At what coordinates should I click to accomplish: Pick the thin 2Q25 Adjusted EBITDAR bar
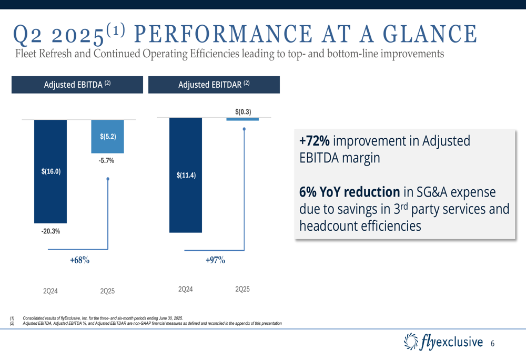click(x=242, y=119)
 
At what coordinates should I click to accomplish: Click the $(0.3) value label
click(x=243, y=111)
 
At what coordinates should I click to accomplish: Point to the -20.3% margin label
click(x=50, y=231)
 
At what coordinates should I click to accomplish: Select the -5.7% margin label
click(x=106, y=160)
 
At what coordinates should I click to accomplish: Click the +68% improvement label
click(x=80, y=260)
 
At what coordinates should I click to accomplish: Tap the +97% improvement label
click(x=215, y=260)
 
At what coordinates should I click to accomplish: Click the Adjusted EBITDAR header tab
click(x=214, y=85)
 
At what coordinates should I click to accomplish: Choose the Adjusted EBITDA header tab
click(x=77, y=85)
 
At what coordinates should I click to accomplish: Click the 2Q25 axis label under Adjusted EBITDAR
click(x=242, y=290)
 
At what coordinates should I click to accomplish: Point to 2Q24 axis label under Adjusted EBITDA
click(x=50, y=291)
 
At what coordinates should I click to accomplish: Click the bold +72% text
click(x=315, y=141)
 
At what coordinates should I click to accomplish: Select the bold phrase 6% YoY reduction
click(x=349, y=192)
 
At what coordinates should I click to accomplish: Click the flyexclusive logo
click(x=442, y=342)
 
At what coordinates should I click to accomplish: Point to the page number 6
click(x=492, y=343)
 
